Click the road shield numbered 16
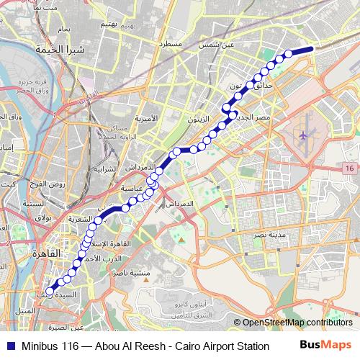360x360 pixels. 349,168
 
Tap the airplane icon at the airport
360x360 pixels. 303,135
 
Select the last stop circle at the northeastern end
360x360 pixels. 289,53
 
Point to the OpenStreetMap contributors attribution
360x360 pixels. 296,323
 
